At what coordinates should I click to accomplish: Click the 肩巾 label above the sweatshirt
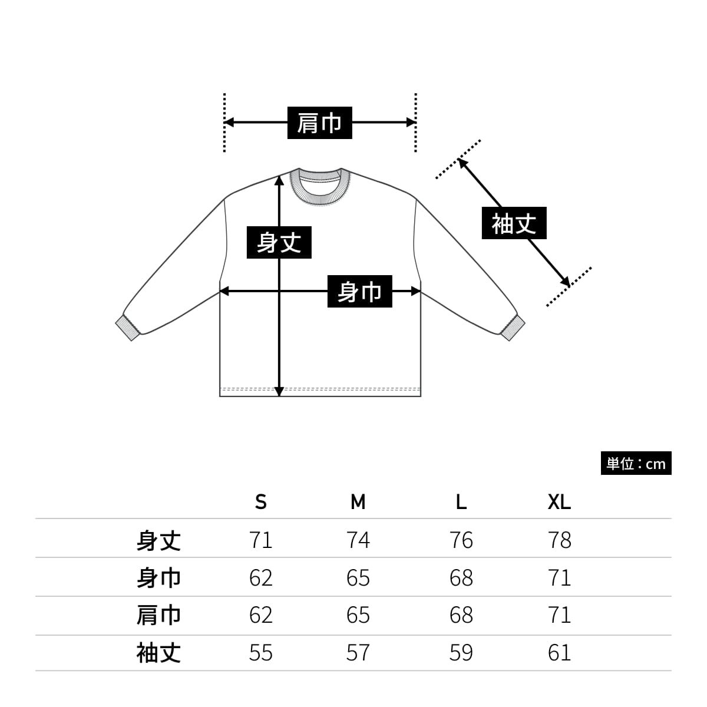click(x=319, y=123)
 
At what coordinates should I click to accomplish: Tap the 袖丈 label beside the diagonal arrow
click(x=514, y=223)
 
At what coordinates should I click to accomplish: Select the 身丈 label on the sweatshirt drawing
click(x=279, y=242)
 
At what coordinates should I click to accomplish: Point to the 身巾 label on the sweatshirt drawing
click(x=359, y=291)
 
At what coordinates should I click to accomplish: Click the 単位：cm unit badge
click(x=636, y=464)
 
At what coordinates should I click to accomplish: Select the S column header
click(x=261, y=502)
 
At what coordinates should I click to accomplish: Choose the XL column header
click(x=559, y=502)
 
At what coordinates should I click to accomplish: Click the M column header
click(x=358, y=502)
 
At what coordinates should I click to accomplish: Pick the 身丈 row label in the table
click(x=158, y=540)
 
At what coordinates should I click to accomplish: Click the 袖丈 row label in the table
click(x=158, y=653)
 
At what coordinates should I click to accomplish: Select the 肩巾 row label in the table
click(x=158, y=615)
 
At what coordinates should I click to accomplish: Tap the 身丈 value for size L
click(x=461, y=540)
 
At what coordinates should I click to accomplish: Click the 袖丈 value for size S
click(x=261, y=653)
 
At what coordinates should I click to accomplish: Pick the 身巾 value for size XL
click(x=559, y=578)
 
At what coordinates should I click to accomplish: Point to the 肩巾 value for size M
click(x=358, y=615)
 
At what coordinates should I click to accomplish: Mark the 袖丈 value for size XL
click(x=559, y=653)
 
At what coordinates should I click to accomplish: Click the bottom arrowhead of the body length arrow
click(x=279, y=391)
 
